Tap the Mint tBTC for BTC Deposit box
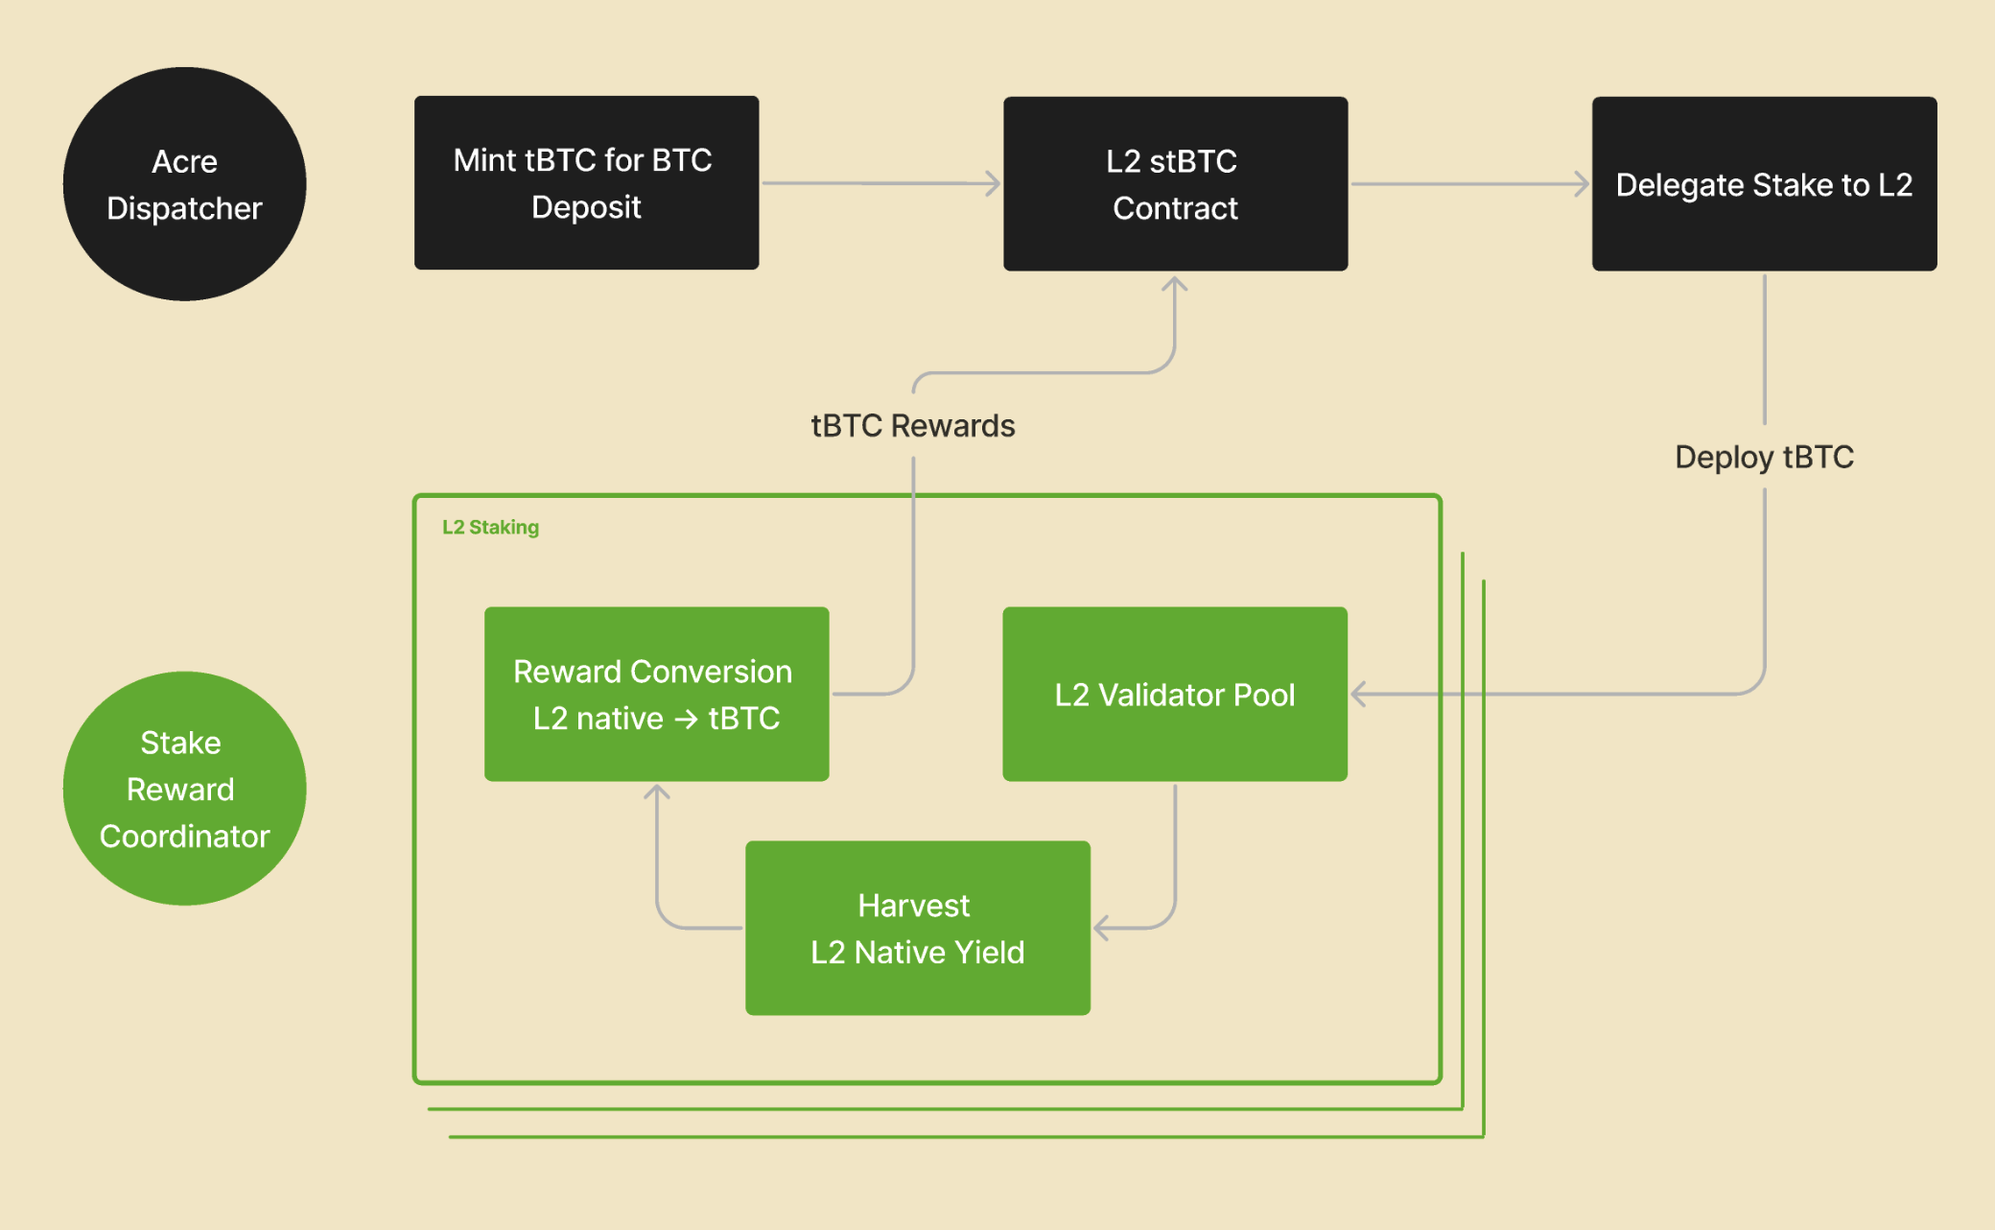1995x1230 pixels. [x=586, y=182]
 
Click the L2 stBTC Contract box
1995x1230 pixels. [x=1175, y=183]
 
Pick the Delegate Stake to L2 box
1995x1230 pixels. [x=1764, y=183]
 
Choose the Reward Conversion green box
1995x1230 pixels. [x=656, y=693]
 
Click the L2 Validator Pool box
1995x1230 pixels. [x=1174, y=694]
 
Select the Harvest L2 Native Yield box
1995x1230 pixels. [x=917, y=928]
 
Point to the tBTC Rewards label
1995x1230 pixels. [x=912, y=426]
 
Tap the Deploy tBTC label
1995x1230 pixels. [x=1764, y=457]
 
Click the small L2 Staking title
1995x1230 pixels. [x=490, y=528]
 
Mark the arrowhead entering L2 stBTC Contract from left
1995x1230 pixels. [x=994, y=183]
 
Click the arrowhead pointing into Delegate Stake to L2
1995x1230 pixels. [x=1583, y=183]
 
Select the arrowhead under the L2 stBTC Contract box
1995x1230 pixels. [x=1174, y=284]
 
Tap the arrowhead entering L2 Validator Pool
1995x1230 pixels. [x=1358, y=694]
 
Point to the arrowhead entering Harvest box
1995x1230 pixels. [x=1101, y=928]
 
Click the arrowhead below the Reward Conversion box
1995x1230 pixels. [x=656, y=792]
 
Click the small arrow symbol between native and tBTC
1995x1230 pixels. [x=686, y=719]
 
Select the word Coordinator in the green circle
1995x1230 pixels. [x=184, y=837]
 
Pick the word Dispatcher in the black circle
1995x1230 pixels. [x=184, y=208]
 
